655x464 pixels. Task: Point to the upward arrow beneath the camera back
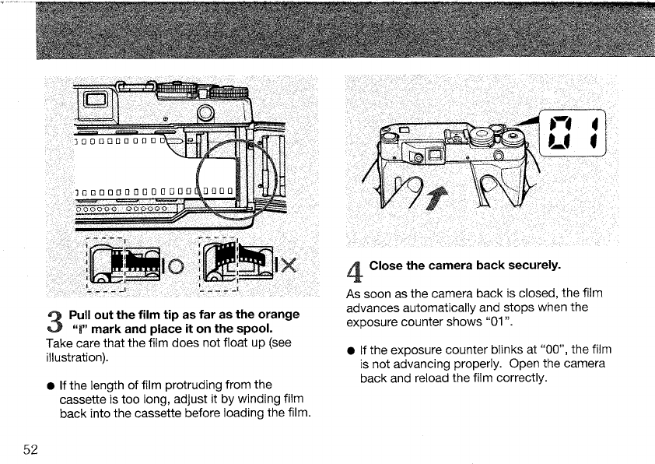tap(435, 200)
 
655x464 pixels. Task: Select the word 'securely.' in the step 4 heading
tap(532, 265)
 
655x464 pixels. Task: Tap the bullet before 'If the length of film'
tap(51, 384)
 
